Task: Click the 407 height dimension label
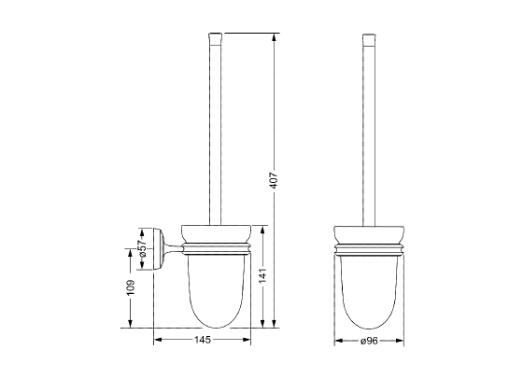click(x=274, y=180)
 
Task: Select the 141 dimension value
click(x=263, y=275)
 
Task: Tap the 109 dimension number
click(x=130, y=287)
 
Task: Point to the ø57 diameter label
click(x=142, y=248)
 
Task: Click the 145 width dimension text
click(x=203, y=340)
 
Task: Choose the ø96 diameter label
click(x=369, y=341)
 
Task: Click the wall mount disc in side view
click(x=159, y=248)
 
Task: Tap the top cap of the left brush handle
click(x=215, y=39)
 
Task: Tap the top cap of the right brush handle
click(x=369, y=39)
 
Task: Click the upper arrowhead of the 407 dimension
click(x=274, y=37)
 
